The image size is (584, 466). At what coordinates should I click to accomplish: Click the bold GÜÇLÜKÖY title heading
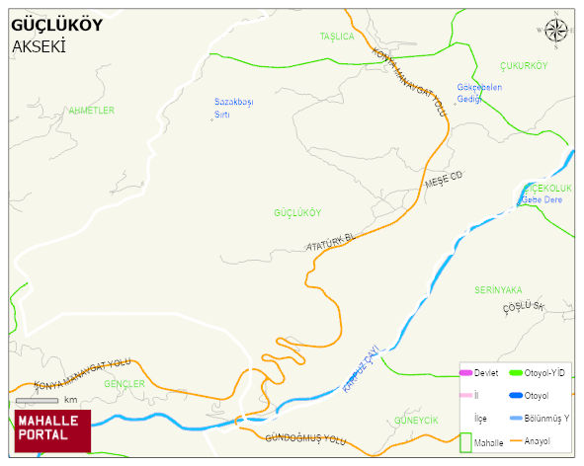click(x=56, y=26)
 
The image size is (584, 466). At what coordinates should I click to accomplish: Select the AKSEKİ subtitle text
click(x=39, y=46)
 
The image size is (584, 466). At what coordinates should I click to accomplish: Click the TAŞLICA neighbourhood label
click(x=336, y=37)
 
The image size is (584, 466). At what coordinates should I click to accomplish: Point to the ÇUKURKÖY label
click(x=523, y=66)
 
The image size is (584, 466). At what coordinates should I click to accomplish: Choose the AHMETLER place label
click(x=91, y=111)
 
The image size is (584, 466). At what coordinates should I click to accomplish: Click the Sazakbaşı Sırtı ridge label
click(x=234, y=108)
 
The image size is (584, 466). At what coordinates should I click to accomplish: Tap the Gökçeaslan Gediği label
click(x=479, y=92)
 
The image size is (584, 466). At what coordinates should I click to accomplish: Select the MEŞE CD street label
click(x=443, y=181)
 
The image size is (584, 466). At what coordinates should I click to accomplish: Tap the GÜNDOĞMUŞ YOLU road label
click(x=307, y=437)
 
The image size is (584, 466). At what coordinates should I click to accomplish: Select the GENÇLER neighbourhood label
click(x=125, y=383)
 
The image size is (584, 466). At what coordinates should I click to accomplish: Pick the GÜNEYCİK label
click(x=415, y=420)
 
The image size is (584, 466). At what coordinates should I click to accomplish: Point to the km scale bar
click(x=37, y=400)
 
